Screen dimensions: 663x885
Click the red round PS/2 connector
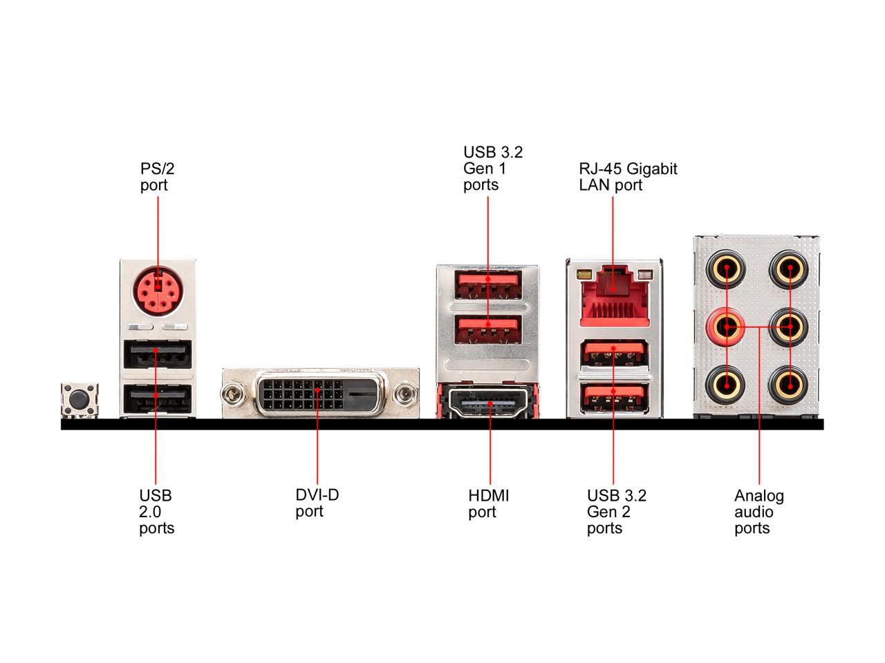point(158,289)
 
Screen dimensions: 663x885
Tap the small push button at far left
point(80,401)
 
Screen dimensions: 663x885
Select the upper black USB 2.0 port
point(158,356)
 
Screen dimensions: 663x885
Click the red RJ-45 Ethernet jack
point(613,294)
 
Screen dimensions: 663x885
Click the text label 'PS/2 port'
point(153,177)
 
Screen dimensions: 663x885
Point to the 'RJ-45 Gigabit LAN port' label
point(628,177)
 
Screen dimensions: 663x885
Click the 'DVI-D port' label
point(317,503)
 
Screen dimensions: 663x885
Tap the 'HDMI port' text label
point(488,503)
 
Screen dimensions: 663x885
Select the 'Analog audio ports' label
point(758,512)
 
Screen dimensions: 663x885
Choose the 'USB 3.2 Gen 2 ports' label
point(617,512)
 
